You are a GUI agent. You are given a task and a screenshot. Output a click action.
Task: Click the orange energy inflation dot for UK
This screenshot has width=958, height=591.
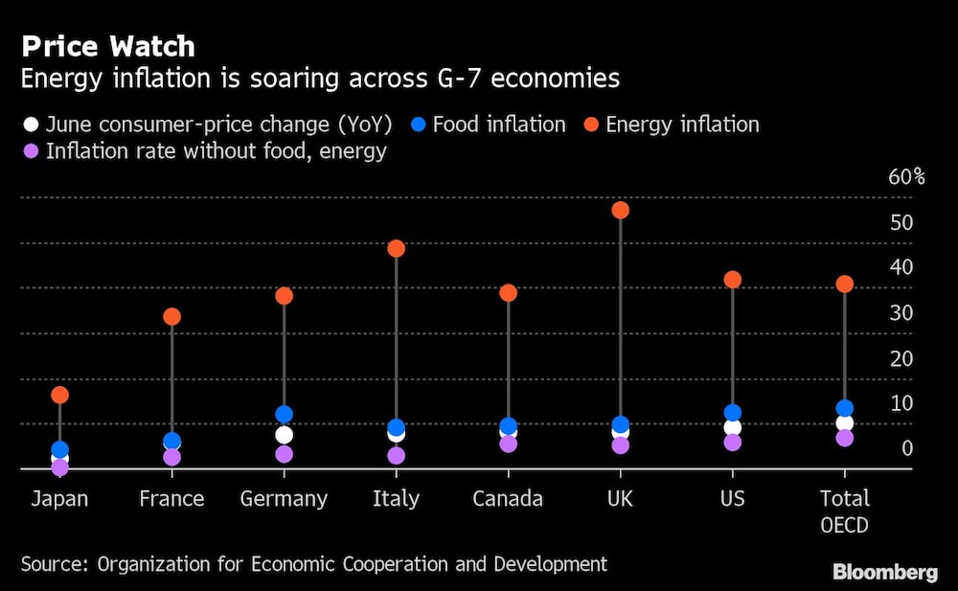click(x=620, y=210)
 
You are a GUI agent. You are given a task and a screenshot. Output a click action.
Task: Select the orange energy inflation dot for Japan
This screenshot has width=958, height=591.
click(x=59, y=395)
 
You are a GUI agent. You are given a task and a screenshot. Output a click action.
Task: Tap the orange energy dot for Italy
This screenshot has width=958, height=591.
click(x=396, y=248)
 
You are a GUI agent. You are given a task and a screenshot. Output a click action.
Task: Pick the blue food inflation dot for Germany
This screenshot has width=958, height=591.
click(x=284, y=415)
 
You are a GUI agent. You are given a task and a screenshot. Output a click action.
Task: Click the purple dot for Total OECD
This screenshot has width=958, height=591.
click(x=844, y=438)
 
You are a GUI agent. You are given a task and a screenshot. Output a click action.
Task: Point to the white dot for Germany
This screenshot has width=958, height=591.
click(x=284, y=435)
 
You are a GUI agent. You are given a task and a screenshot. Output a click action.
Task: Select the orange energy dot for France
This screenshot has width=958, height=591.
click(x=171, y=316)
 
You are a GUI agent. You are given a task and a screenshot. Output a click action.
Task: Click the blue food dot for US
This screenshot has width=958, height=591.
click(x=732, y=414)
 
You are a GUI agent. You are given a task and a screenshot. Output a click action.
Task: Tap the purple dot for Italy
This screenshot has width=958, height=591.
click(x=396, y=456)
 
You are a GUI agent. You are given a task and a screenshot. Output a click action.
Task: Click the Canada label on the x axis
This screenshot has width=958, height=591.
click(x=508, y=499)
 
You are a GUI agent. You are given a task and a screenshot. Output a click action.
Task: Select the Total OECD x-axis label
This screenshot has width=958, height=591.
click(x=844, y=511)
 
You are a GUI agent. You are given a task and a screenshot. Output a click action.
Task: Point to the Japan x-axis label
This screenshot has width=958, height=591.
click(x=59, y=499)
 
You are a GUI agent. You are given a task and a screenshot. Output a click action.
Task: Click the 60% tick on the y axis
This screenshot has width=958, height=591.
click(x=906, y=177)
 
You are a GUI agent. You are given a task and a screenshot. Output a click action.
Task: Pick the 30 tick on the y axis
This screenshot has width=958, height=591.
click(x=901, y=312)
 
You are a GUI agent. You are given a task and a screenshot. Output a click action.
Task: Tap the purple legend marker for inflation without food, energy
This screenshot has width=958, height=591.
click(x=31, y=151)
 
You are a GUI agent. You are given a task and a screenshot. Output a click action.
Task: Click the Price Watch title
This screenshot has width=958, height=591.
click(x=108, y=46)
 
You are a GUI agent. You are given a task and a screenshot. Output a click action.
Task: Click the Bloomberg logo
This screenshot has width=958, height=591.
click(x=884, y=573)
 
